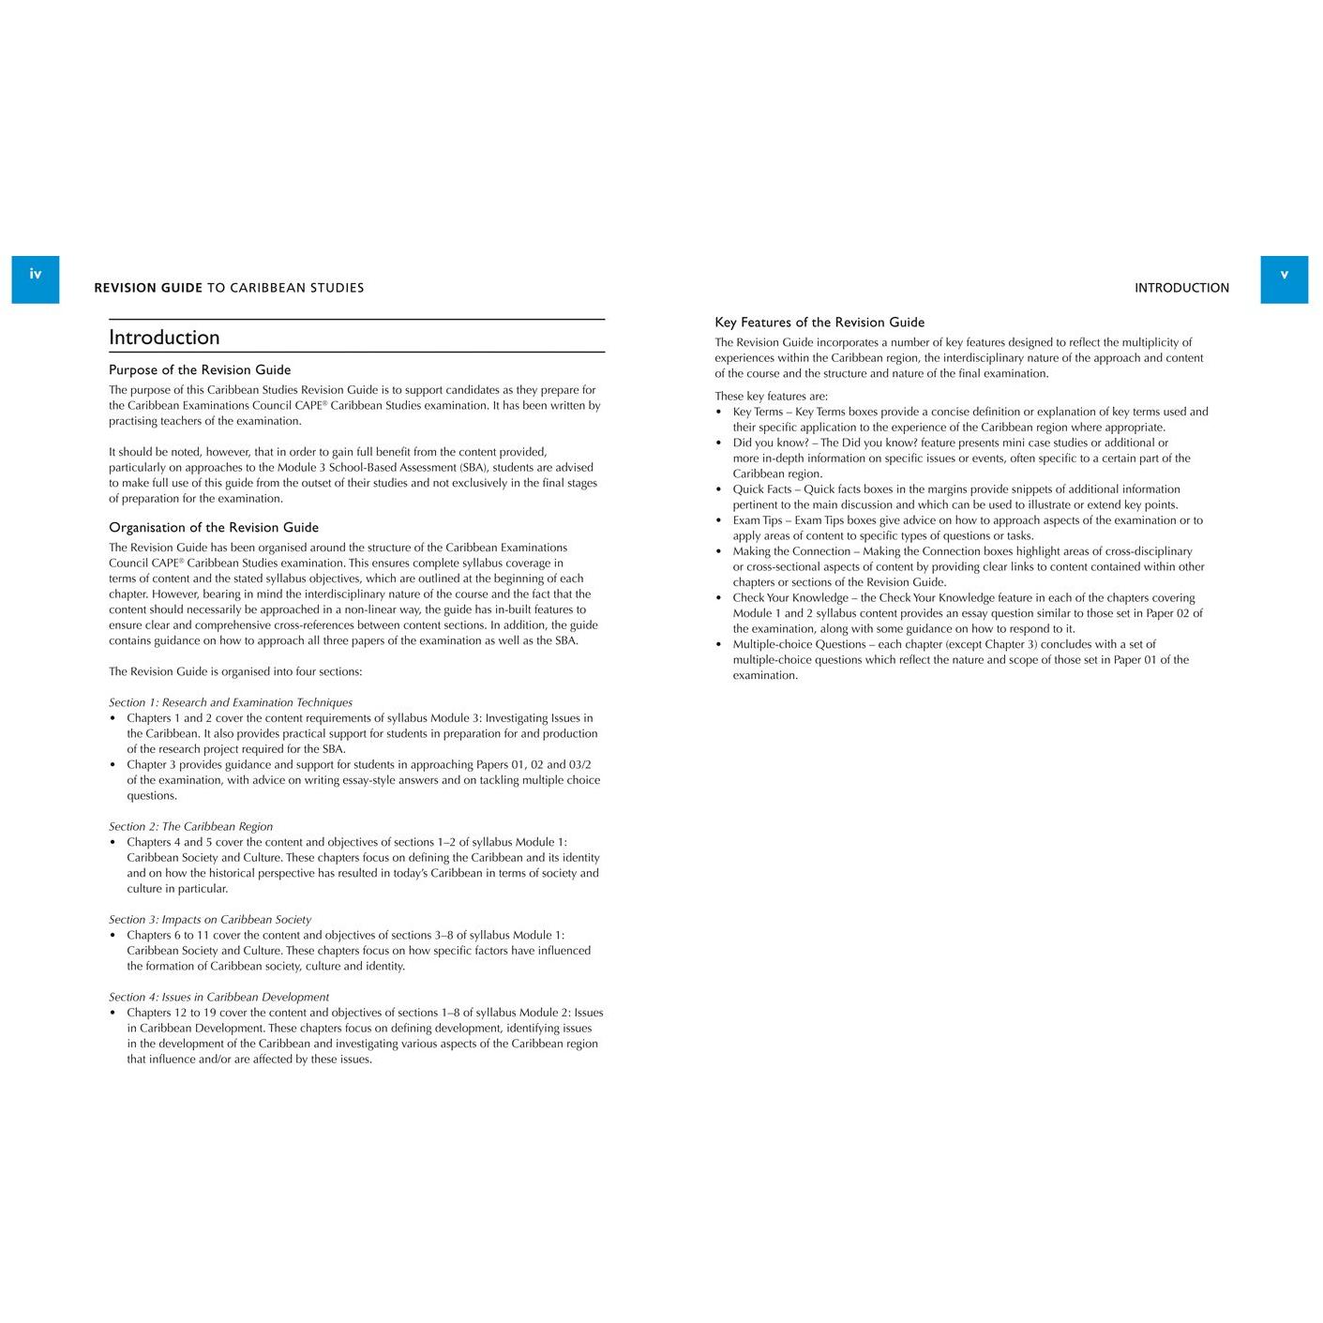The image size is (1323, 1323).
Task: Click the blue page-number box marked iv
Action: tap(35, 278)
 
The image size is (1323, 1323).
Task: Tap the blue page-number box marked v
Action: tap(1284, 278)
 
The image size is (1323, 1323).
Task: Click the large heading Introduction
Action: tap(164, 338)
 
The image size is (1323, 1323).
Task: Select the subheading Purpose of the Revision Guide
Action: tap(200, 369)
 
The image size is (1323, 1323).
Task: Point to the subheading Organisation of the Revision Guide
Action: tap(214, 527)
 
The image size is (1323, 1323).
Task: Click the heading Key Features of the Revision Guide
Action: tap(819, 322)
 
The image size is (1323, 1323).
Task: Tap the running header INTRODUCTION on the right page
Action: tap(1181, 288)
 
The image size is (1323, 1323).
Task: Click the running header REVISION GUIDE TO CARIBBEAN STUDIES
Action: tap(229, 288)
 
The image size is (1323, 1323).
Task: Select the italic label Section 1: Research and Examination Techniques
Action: tap(231, 702)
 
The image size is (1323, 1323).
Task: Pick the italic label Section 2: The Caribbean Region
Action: tap(190, 826)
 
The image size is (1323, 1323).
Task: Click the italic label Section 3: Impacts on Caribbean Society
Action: tap(210, 919)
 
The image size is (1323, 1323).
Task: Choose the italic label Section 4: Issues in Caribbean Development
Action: tap(218, 997)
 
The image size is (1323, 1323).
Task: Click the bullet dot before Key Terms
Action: tap(719, 412)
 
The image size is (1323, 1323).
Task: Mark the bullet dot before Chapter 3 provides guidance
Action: tap(113, 765)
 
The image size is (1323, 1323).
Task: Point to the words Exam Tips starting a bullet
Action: tap(758, 519)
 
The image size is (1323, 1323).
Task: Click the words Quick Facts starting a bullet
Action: tap(762, 489)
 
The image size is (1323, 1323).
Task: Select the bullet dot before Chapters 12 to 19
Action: tap(113, 1013)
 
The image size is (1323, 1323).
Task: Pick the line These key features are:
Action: tap(771, 396)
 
